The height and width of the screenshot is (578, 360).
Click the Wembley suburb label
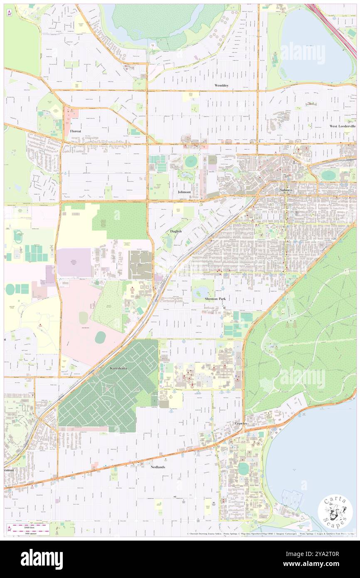[x=222, y=85]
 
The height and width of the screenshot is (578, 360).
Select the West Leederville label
[x=342, y=126]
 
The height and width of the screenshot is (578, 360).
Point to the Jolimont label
[x=184, y=192]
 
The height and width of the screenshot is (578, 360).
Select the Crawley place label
[x=241, y=423]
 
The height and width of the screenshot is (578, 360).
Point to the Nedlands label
[x=158, y=467]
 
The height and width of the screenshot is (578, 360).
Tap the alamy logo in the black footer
[x=42, y=559]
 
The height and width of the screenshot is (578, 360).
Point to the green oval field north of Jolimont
[x=191, y=162]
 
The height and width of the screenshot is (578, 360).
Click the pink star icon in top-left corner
[x=9, y=13]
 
